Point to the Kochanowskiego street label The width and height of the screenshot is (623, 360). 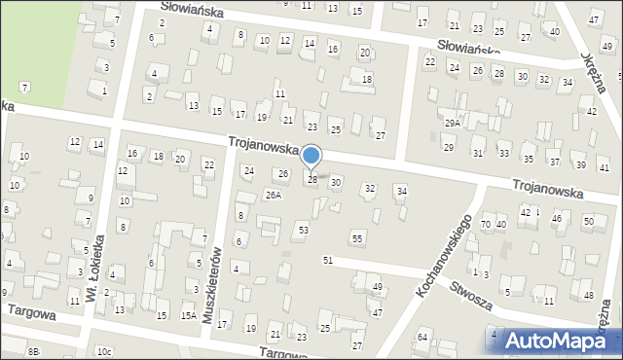coord(442,255)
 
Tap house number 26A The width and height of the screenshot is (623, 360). coord(274,195)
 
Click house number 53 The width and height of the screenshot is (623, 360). coord(304,230)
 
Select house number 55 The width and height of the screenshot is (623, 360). coord(357,238)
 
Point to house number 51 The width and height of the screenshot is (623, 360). coord(328,261)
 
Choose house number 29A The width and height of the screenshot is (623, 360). coord(453,124)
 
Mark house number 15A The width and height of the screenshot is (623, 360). coord(189,315)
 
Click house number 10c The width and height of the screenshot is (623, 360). coord(104,350)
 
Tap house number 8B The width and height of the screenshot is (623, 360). coord(34,350)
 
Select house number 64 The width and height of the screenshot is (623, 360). coord(422,337)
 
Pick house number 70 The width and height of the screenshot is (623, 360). coord(486,225)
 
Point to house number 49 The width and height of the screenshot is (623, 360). coord(378,287)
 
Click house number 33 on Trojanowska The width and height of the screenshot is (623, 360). coord(504,154)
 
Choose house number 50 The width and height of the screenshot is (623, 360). coord(588,222)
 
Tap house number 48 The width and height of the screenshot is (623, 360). coord(588,295)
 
